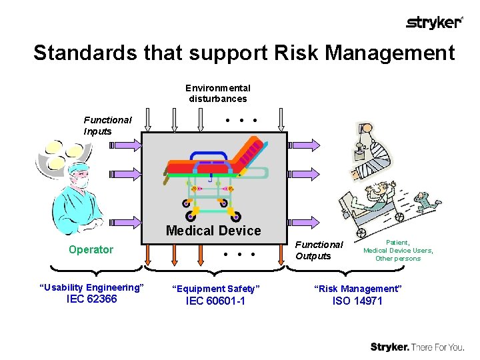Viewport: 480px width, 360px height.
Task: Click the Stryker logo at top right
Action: tap(434, 23)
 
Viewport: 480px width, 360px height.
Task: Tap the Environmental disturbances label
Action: tap(217, 93)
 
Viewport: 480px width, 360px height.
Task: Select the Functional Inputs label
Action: tap(107, 125)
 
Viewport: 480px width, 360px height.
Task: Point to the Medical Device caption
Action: tap(213, 231)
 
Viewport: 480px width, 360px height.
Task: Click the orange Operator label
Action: tap(91, 249)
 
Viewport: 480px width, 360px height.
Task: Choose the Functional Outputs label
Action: tap(319, 250)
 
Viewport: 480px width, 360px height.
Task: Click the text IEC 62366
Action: tap(92, 299)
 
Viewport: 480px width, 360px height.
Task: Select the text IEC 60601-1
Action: tap(215, 301)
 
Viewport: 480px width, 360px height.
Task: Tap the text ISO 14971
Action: tap(358, 301)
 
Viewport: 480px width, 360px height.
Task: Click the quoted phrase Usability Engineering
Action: tap(92, 287)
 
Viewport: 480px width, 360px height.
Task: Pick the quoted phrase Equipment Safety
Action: tap(215, 289)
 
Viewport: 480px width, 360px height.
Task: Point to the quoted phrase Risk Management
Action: tap(358, 289)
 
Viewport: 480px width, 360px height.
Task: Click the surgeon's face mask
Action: tap(79, 181)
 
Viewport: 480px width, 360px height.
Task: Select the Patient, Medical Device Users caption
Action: tap(398, 250)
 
